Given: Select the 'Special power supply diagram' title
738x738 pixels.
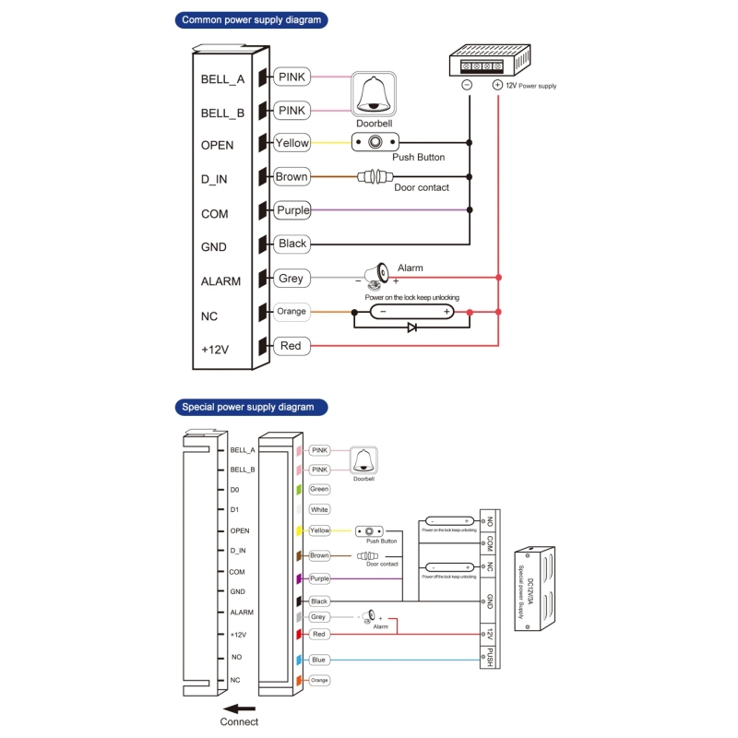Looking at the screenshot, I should pyautogui.click(x=247, y=406).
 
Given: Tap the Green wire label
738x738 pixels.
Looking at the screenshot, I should pyautogui.click(x=319, y=489).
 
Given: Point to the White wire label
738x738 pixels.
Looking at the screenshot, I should pyautogui.click(x=319, y=509).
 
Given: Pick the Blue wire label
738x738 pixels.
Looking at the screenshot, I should pyautogui.click(x=319, y=660).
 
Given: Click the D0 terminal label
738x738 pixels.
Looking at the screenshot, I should pyautogui.click(x=234, y=490).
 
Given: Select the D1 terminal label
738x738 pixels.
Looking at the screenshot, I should pyautogui.click(x=234, y=510).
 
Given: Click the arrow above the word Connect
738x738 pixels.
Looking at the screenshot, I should pyautogui.click(x=239, y=709).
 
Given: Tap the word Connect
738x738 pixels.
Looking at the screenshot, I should pyautogui.click(x=240, y=722).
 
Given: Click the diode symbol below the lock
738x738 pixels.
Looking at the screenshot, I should pyautogui.click(x=412, y=327).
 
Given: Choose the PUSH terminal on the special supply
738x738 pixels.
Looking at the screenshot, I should pyautogui.click(x=490, y=657).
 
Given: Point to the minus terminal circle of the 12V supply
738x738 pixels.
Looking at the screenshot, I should pyautogui.click(x=467, y=84).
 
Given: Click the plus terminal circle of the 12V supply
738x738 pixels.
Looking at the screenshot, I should pyautogui.click(x=497, y=84).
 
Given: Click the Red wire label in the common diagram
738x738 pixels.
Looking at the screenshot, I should pyautogui.click(x=291, y=346).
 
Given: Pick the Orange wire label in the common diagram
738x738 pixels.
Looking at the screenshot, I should pyautogui.click(x=292, y=312).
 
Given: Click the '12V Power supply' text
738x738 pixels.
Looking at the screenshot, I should pyautogui.click(x=530, y=86).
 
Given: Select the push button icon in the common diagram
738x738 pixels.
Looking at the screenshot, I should pyautogui.click(x=375, y=142).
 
